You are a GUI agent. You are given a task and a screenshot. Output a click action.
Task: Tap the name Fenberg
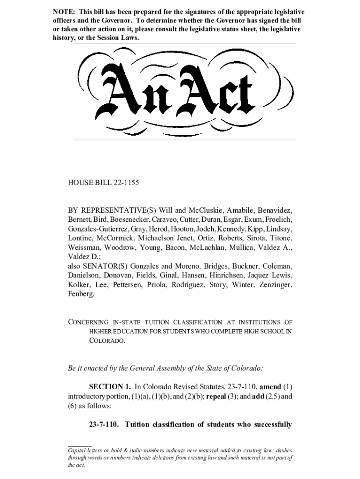tap(81, 294)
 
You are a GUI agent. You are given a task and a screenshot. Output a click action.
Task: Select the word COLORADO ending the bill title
tap(107, 341)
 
